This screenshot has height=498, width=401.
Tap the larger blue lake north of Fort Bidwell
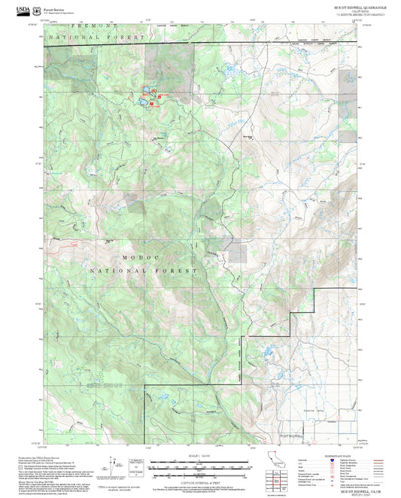click(x=267, y=351)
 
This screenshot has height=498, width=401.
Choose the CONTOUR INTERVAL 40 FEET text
click(x=199, y=481)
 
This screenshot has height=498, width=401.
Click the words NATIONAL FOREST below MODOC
click(x=143, y=269)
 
